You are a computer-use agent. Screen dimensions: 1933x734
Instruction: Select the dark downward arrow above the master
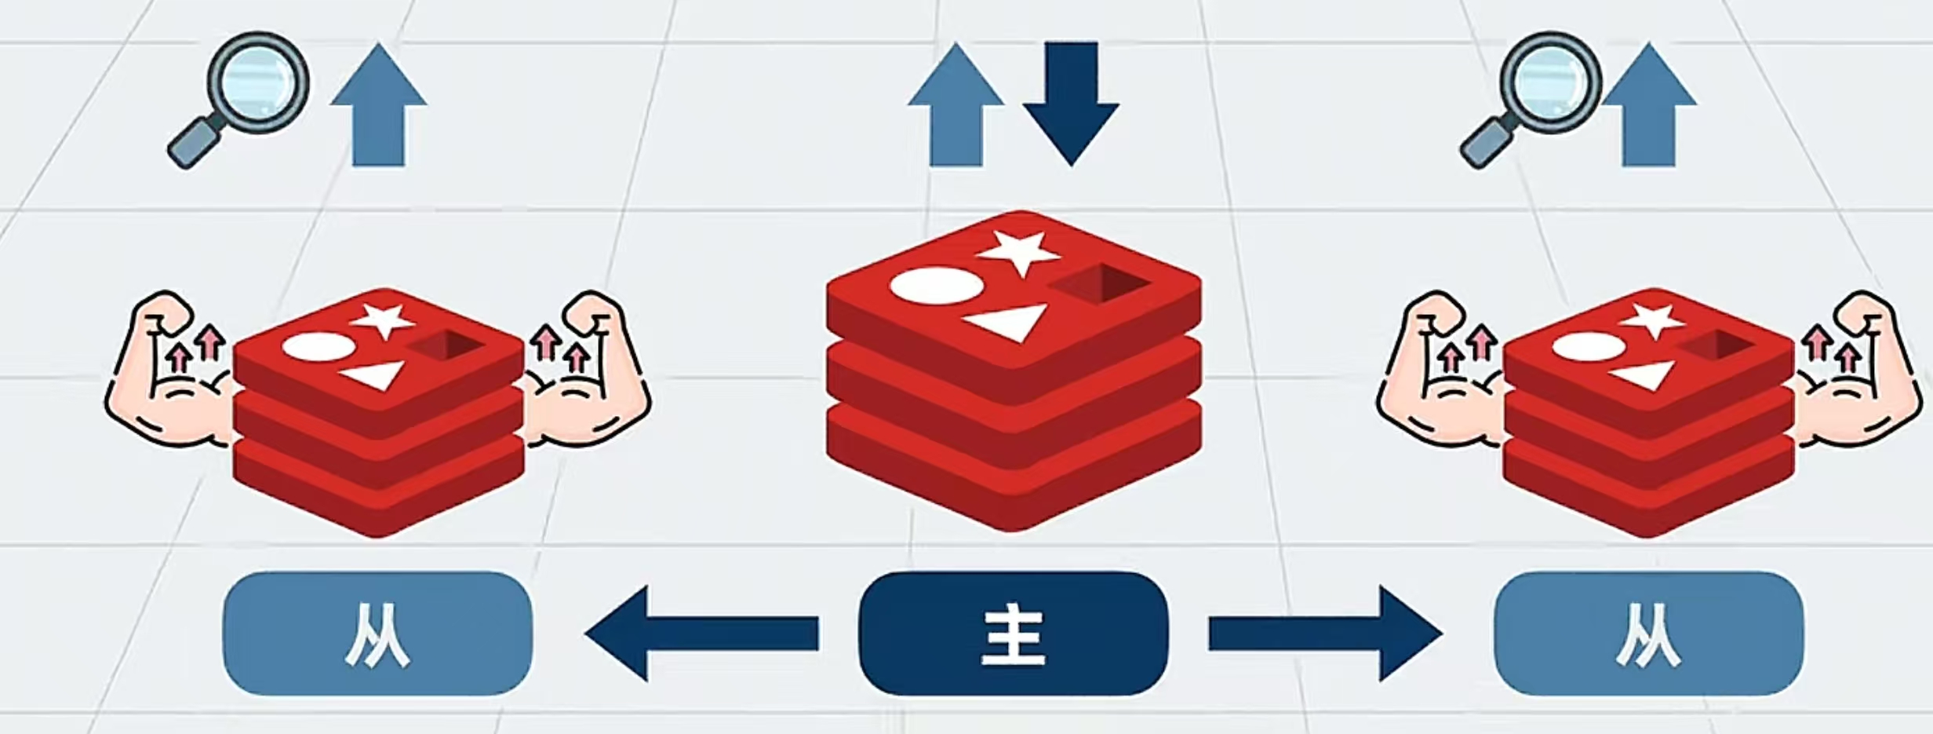point(1071,102)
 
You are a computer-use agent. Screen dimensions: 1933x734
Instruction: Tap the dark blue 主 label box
point(1014,633)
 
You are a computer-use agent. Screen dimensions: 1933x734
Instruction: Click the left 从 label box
point(377,633)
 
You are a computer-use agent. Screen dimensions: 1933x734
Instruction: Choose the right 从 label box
point(1649,633)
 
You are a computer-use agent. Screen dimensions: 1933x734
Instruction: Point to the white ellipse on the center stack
point(935,286)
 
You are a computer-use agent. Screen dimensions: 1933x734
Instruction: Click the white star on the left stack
point(382,320)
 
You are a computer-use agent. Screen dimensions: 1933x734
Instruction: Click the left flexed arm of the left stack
point(169,369)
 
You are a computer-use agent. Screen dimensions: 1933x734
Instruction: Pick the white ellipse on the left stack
point(318,347)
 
